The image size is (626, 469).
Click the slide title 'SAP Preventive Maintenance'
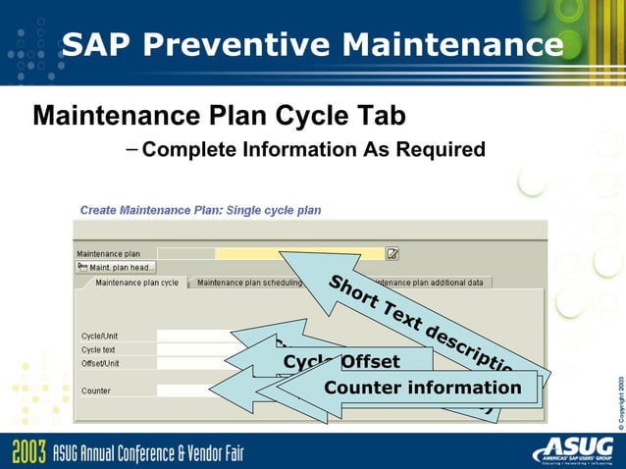pos(312,45)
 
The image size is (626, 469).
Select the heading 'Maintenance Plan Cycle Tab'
pos(219,116)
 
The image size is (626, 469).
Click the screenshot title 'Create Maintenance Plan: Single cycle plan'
pos(200,210)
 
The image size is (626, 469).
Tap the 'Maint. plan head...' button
pos(116,267)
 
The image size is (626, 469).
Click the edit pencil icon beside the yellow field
pos(392,253)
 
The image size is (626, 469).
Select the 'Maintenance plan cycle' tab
pos(135,283)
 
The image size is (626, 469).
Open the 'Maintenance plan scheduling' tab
pos(249,283)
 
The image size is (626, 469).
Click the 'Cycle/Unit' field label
pos(100,337)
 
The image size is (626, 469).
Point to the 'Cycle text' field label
pos(98,350)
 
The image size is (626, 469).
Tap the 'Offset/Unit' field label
pos(100,363)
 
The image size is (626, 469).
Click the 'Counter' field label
pos(95,391)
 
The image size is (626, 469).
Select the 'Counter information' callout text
pos(423,388)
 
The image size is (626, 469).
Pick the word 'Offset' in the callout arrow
pos(370,362)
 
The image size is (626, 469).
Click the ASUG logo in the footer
pos(573,450)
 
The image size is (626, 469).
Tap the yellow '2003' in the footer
pos(27,452)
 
